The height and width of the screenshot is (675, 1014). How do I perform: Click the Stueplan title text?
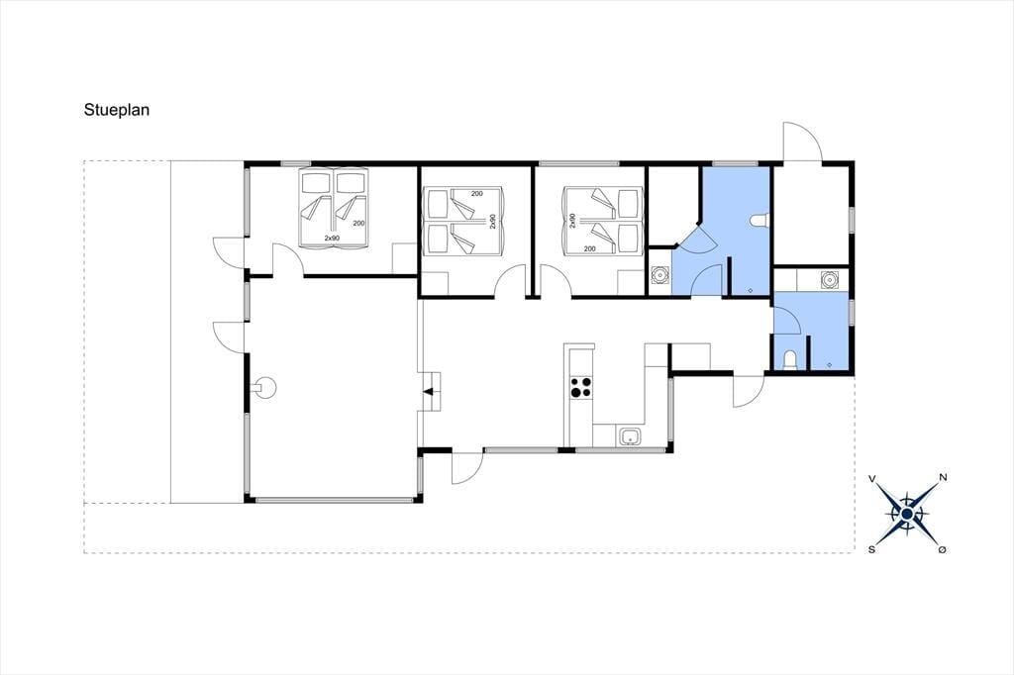click(x=117, y=110)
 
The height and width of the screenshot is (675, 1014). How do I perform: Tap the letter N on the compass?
click(x=943, y=478)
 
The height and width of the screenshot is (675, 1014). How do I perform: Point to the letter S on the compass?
click(x=871, y=549)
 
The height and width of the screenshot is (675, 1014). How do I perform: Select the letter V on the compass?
click(x=872, y=478)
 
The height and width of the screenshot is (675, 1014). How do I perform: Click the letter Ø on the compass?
click(x=943, y=549)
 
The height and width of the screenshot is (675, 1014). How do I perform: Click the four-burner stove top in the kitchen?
click(x=580, y=387)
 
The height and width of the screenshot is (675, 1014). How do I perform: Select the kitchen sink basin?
click(x=630, y=436)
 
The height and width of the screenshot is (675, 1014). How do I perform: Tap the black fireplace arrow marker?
click(x=428, y=391)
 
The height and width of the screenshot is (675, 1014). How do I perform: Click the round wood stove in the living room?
click(x=265, y=388)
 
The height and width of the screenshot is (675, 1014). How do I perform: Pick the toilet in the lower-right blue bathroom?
click(x=789, y=360)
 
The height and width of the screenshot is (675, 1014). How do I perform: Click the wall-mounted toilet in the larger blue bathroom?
click(x=760, y=221)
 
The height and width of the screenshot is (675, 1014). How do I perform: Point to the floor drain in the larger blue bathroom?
click(x=750, y=290)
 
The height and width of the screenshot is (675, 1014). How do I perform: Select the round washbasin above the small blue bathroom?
click(x=830, y=280)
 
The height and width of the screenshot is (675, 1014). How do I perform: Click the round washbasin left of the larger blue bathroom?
click(x=659, y=276)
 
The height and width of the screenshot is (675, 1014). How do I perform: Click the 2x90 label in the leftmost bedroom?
click(x=332, y=239)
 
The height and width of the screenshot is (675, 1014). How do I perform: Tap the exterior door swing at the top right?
click(x=802, y=141)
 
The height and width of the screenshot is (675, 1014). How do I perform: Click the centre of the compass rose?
click(x=907, y=514)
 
